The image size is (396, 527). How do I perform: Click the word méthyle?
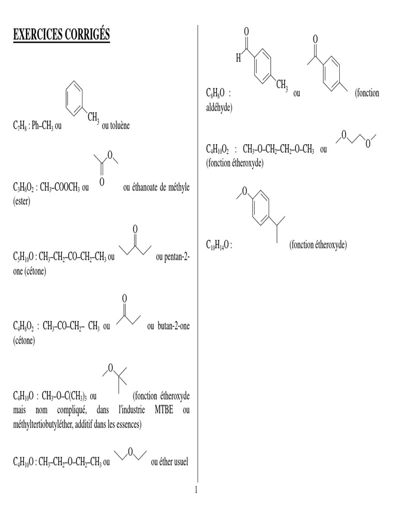pos(176,188)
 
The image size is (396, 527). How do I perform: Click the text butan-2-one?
pos(173,326)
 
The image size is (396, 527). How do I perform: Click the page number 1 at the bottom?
pos(196,489)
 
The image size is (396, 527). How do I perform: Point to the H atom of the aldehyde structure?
pos(238,59)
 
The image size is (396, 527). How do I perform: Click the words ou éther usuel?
pos(169,462)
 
